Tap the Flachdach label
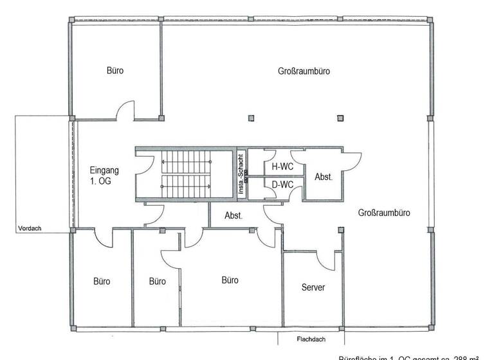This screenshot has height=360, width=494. coord(309,339)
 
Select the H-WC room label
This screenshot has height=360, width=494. coord(282,166)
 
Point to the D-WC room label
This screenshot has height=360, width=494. coord(282,185)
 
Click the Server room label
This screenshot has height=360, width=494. coord(313,287)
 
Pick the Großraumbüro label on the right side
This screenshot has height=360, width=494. coord(384,213)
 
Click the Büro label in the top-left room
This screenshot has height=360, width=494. coord(115,71)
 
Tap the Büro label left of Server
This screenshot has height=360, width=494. coord(230,280)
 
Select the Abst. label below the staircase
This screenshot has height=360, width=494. coord(233,217)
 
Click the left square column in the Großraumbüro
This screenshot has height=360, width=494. coord(252,118)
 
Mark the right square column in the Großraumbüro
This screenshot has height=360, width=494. coord(341,118)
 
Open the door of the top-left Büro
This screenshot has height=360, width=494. coord(125,111)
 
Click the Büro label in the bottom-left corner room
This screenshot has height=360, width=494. coord(102,282)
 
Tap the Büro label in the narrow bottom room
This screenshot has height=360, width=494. coord(158,282)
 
